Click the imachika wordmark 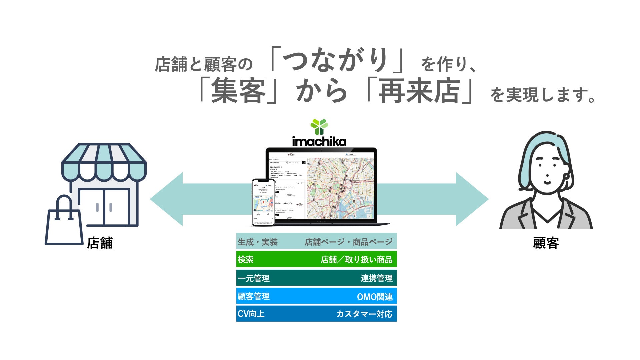319,141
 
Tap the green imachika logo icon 319,127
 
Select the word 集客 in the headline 238,91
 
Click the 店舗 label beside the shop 100,243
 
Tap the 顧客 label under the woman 546,243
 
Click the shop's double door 104,207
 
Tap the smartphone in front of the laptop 263,202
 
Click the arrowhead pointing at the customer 471,199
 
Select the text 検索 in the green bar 246,260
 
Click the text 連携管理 376,278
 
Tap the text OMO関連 375,297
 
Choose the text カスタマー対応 364,314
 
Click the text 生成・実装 258,242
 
